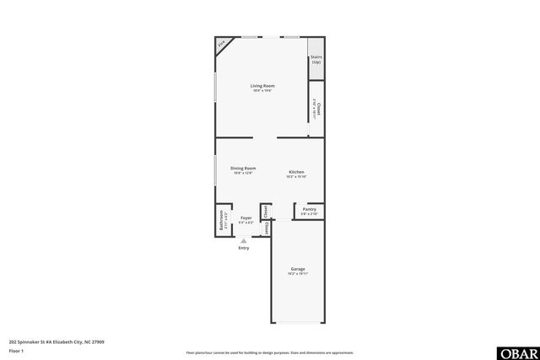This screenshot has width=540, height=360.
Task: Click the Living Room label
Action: (x=262, y=86)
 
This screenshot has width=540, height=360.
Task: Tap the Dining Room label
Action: (x=243, y=168)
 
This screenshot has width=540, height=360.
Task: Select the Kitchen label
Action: (x=296, y=171)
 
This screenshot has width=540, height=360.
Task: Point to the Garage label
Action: (x=297, y=269)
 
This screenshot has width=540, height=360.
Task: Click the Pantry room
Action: (x=309, y=212)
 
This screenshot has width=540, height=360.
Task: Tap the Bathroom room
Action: (x=223, y=221)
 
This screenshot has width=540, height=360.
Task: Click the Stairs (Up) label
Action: (x=316, y=60)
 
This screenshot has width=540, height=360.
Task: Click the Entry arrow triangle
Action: (x=244, y=240)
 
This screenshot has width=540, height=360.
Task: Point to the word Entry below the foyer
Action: (x=244, y=248)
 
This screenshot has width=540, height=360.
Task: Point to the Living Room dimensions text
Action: (x=262, y=91)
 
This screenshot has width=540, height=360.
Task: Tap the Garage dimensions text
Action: (x=297, y=274)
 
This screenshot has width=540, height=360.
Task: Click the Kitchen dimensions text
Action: (x=296, y=176)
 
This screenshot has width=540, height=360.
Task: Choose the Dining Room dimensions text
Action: (x=243, y=173)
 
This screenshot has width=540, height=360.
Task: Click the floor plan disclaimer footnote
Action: (x=269, y=352)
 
